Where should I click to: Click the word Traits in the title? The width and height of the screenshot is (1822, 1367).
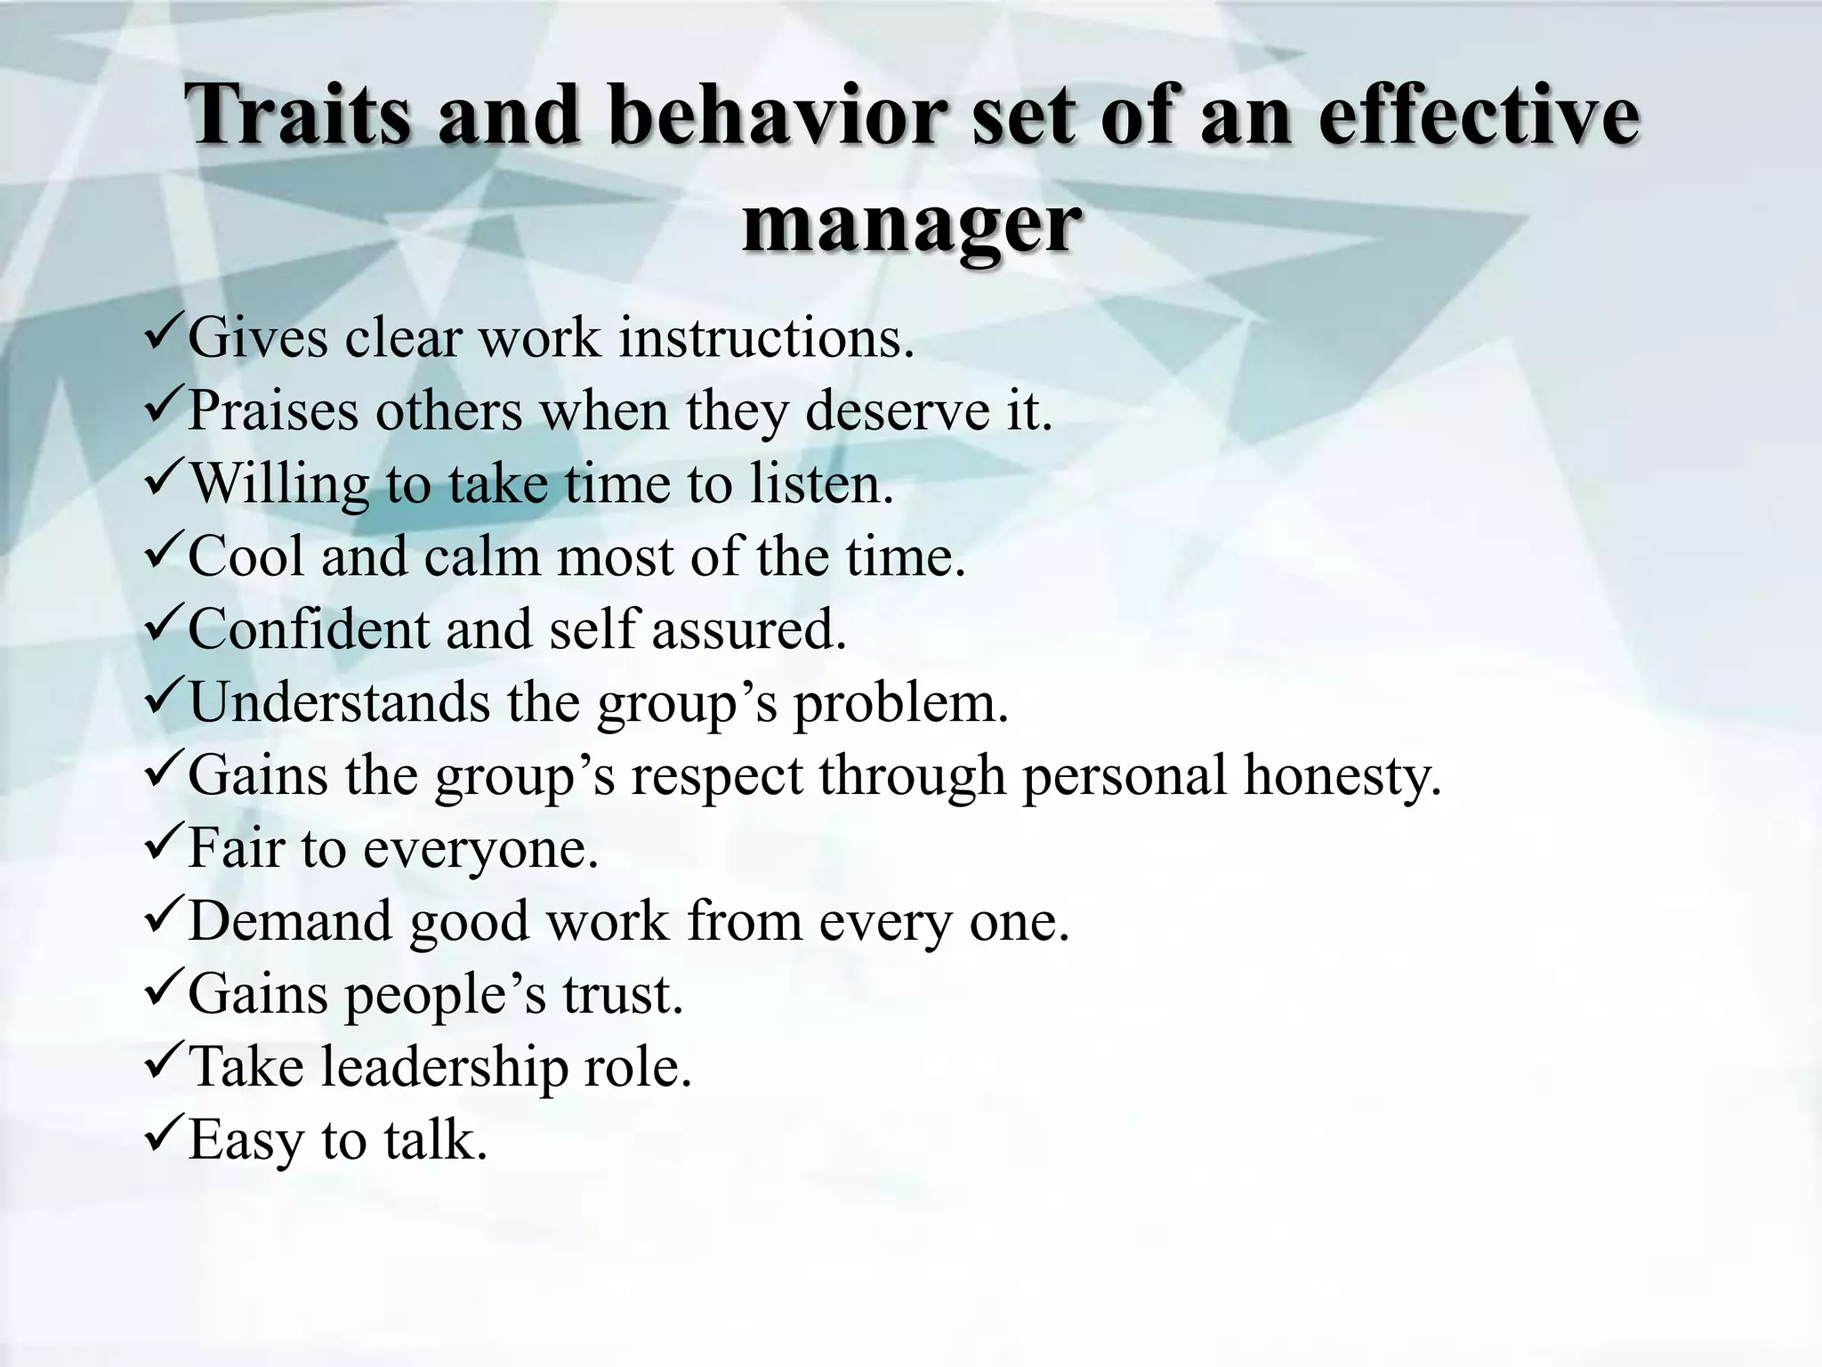299,116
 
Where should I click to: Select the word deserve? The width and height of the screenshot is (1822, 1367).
898,411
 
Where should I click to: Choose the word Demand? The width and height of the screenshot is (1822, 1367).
290,920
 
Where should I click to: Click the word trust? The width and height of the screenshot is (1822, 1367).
622,993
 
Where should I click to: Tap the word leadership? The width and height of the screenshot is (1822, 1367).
445,1066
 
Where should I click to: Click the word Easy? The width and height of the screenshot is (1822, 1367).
246,1141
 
